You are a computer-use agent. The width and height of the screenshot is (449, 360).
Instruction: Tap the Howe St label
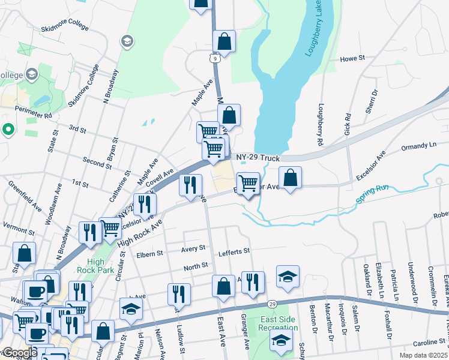(x=352, y=58)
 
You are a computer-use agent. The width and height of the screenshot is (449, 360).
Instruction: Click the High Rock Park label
(x=95, y=266)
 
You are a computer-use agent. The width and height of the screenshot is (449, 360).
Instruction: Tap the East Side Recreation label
(x=278, y=323)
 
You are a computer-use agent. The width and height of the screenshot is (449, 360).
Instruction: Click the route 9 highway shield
(x=214, y=58)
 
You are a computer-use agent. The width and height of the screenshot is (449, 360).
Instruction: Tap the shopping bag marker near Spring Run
(x=290, y=178)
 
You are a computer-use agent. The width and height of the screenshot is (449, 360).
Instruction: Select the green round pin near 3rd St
(x=8, y=129)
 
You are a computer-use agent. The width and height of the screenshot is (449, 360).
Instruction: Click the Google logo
(x=20, y=353)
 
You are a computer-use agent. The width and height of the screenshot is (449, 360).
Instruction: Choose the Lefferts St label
(x=234, y=251)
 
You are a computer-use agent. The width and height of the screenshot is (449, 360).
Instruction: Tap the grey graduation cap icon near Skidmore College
(x=127, y=41)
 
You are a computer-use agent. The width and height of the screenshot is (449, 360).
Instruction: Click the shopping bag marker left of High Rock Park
(x=25, y=253)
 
